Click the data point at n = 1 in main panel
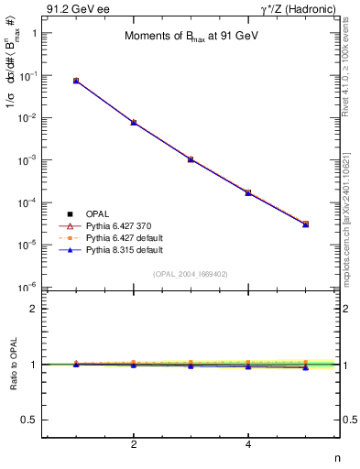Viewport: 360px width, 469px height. (76, 81)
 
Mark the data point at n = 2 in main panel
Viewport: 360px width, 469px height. (134, 122)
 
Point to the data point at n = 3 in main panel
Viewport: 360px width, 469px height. (191, 159)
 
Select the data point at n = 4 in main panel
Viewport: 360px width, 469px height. (248, 192)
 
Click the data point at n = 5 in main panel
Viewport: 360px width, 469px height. (305, 224)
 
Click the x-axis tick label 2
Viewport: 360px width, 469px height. (134, 444)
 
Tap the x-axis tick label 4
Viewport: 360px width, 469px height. (248, 444)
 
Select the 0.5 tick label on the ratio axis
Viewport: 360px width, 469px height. (37, 420)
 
